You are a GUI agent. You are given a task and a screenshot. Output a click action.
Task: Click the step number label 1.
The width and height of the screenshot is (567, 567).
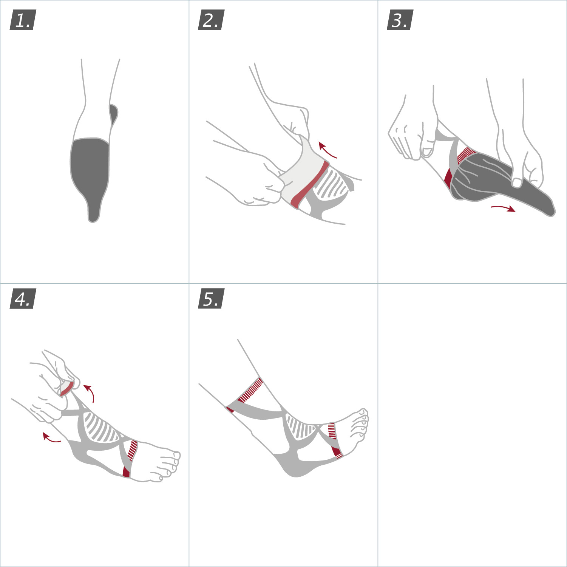click(23, 20)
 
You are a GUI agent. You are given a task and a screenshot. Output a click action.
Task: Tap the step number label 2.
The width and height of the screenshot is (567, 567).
click(212, 20)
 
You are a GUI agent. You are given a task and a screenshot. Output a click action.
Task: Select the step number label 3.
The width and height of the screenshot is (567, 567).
click(400, 20)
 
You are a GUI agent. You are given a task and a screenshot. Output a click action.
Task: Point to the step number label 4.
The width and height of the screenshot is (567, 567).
click(23, 298)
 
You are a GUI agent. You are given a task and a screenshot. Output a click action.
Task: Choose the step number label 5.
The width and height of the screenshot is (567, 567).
click(212, 298)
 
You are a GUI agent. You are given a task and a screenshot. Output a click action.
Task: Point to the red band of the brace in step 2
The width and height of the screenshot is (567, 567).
click(309, 185)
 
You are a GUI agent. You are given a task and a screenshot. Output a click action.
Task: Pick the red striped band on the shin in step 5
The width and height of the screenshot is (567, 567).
click(250, 390)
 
